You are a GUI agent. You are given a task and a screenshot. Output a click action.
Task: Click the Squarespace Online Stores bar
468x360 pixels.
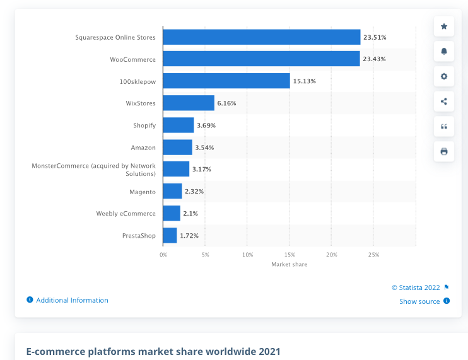[x=261, y=37]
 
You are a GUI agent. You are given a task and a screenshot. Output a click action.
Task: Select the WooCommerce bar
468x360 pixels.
[x=261, y=59]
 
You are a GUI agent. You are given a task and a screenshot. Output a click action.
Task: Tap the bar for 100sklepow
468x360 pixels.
[x=226, y=81]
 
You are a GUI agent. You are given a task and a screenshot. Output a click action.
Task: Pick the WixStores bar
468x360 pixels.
[x=189, y=103]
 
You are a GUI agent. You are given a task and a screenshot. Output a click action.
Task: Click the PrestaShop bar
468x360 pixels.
[x=170, y=235]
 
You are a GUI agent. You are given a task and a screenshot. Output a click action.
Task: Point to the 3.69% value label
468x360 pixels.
[x=206, y=125]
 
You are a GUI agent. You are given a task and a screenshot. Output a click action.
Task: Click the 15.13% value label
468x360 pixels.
[x=304, y=81]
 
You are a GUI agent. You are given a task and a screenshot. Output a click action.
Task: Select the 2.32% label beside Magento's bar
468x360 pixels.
[x=194, y=192]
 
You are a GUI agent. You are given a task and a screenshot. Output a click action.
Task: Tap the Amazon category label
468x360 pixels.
[x=143, y=148]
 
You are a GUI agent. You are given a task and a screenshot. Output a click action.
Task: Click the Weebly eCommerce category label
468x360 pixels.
[x=126, y=214]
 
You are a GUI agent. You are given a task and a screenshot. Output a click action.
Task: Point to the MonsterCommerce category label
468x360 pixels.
[x=94, y=169]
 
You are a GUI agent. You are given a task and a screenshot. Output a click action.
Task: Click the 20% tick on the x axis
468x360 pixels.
[x=331, y=255]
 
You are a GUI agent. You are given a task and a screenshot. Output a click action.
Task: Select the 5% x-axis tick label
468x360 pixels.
[x=205, y=255]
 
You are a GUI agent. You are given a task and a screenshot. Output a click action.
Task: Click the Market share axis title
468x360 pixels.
[x=290, y=264]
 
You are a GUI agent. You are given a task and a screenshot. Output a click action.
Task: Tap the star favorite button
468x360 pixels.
[x=444, y=26]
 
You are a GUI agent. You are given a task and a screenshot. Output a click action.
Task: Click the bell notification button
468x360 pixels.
[x=444, y=51]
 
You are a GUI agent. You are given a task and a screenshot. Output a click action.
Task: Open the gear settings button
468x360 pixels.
[x=444, y=76]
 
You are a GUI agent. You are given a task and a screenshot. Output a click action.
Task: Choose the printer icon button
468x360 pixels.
[x=444, y=151]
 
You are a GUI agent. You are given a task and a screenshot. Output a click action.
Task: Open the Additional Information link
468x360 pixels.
[x=72, y=300]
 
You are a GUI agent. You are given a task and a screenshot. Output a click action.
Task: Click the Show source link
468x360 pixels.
[x=420, y=301]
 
